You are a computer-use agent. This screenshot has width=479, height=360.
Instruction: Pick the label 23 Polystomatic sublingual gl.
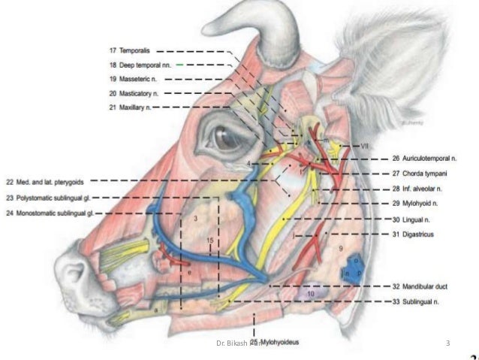[58, 198]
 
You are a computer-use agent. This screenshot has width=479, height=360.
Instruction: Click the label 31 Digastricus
[414, 234]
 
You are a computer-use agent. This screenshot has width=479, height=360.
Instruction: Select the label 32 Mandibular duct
[420, 286]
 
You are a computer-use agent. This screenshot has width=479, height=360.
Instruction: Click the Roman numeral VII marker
[365, 145]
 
